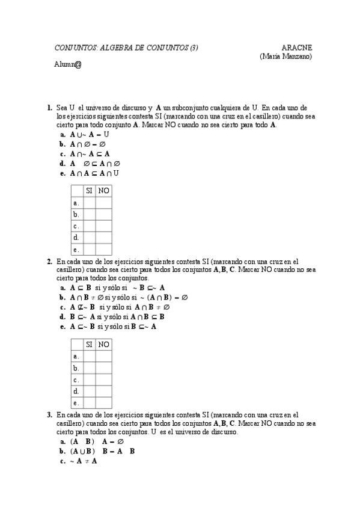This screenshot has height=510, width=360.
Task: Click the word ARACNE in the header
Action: click(x=296, y=48)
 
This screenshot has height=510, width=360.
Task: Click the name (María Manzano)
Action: click(x=285, y=56)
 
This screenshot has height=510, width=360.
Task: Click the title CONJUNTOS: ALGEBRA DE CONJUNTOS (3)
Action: click(x=126, y=48)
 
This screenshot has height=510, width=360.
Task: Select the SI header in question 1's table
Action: click(x=89, y=191)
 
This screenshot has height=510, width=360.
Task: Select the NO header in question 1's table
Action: click(x=103, y=191)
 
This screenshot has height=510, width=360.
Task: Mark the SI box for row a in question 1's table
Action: click(x=89, y=203)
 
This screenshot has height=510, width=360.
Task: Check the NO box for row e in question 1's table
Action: click(x=103, y=249)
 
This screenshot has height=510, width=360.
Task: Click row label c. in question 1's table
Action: click(x=76, y=226)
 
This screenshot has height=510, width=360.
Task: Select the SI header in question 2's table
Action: click(x=89, y=345)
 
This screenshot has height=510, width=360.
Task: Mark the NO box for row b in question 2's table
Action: click(x=103, y=367)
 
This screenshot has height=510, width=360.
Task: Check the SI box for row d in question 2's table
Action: click(x=89, y=391)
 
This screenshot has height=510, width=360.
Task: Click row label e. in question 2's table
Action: click(x=76, y=402)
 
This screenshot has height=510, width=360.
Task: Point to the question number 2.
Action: click(x=49, y=262)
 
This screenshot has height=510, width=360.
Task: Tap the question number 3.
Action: click(x=49, y=415)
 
